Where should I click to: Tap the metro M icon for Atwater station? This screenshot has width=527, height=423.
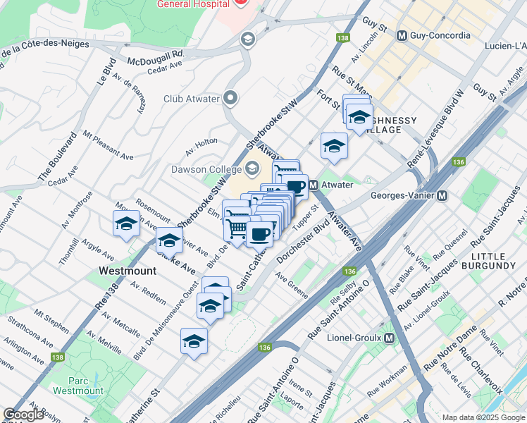[x=313, y=184]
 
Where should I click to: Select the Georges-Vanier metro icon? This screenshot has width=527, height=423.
[x=442, y=195]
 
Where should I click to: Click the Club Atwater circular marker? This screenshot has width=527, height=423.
[x=230, y=99]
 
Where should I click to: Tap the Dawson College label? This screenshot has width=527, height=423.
[x=204, y=169]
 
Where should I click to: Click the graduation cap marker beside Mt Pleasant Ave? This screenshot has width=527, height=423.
[x=126, y=224]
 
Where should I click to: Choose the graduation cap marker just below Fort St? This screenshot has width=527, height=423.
[x=334, y=146]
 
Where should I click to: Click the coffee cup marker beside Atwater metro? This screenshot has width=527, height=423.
[x=295, y=188]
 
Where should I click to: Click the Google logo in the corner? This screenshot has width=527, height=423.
[x=24, y=415]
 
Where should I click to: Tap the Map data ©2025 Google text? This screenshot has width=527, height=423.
[x=483, y=417]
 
